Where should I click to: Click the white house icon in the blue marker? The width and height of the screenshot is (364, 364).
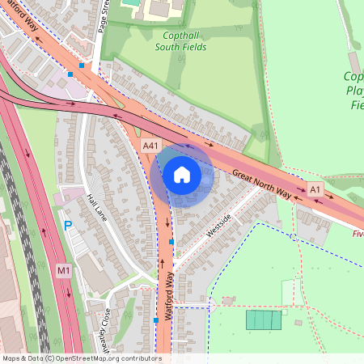tap(182, 175)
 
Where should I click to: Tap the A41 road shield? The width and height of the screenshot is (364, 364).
tap(150, 145)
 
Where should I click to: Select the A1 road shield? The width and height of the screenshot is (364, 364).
tap(315, 188)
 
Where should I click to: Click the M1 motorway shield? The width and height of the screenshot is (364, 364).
tap(64, 269)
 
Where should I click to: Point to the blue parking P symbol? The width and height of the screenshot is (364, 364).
tap(68, 226)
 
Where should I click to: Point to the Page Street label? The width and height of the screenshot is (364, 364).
tap(103, 16)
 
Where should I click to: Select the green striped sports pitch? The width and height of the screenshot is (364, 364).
tap(264, 320)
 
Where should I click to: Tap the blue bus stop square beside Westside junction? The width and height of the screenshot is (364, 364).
tap(171, 241)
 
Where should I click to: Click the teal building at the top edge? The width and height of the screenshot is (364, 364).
tap(129, 2)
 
